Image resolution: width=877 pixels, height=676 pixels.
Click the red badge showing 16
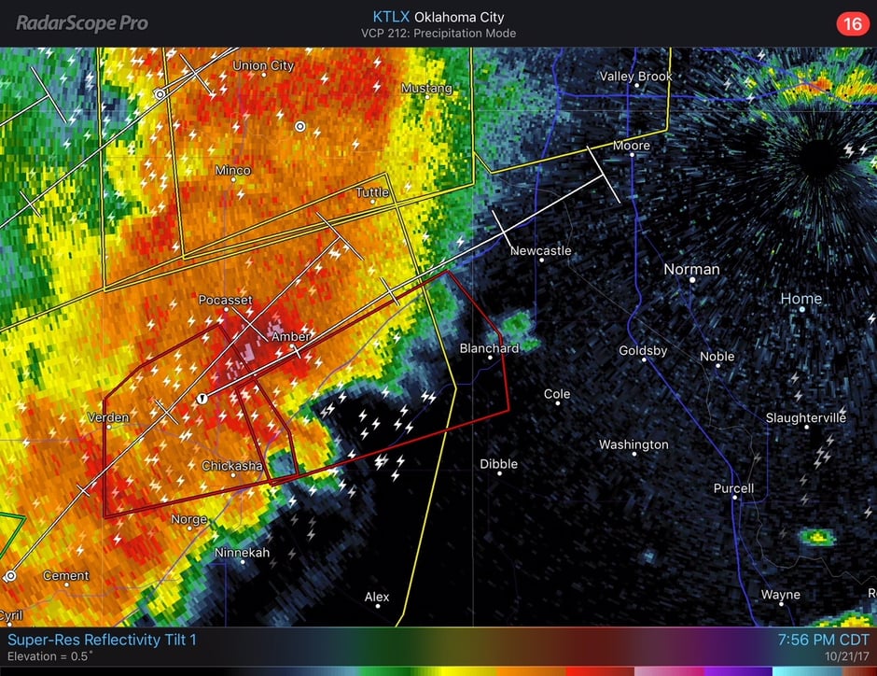[852, 23]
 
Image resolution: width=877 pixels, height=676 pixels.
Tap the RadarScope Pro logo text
[82, 23]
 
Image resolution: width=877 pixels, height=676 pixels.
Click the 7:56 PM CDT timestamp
[823, 641]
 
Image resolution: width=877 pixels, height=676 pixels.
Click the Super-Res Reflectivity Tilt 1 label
[103, 641]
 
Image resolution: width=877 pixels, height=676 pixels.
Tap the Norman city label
[691, 270]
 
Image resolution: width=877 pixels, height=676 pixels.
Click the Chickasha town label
[232, 466]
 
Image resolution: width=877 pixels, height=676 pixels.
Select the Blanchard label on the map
[489, 348]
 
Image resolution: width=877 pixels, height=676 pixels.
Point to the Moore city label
[632, 147]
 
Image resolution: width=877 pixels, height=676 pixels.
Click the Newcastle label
[540, 251]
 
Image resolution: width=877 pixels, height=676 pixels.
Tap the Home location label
[801, 299]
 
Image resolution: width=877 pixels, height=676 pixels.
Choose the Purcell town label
[733, 488]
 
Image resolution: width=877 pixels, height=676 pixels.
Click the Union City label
[263, 66]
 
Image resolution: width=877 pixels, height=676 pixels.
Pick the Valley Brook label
[635, 77]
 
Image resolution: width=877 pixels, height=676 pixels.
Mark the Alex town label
[377, 597]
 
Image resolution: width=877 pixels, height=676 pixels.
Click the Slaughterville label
[806, 417]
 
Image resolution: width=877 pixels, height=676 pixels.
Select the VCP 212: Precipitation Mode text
[438, 34]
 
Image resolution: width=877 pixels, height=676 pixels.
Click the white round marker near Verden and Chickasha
[202, 399]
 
